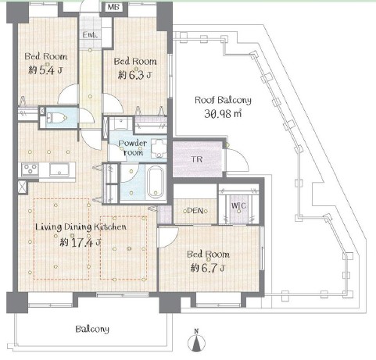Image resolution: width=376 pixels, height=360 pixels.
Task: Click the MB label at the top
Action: click(x=113, y=7)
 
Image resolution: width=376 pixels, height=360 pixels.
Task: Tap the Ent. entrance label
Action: click(x=90, y=34)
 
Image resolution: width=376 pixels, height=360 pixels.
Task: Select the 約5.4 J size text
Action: click(x=45, y=70)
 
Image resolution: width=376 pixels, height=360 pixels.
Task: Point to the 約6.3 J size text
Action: click(x=134, y=75)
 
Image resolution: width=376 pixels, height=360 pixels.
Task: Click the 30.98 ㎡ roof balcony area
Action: click(x=223, y=113)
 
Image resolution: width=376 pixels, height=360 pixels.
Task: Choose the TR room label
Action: click(x=197, y=159)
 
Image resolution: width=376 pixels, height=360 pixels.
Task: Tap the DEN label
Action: click(x=195, y=211)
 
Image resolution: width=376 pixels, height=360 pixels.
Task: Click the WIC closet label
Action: click(x=238, y=205)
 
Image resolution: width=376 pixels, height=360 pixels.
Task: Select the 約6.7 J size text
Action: click(x=208, y=268)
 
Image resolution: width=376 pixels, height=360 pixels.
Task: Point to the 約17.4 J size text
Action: click(x=81, y=243)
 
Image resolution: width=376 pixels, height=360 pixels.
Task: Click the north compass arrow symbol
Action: click(x=196, y=341)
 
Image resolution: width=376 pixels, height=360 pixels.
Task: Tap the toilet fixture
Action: click(x=56, y=118)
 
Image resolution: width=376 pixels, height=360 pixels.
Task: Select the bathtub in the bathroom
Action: click(x=156, y=182)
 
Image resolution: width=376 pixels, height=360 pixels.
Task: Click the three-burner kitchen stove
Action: click(x=30, y=169)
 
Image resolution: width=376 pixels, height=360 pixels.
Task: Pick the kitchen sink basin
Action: click(x=59, y=169)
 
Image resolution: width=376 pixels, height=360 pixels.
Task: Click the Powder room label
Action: click(x=133, y=148)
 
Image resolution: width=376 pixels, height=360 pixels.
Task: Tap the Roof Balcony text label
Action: click(x=223, y=101)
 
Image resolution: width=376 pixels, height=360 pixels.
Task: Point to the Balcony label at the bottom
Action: click(x=92, y=330)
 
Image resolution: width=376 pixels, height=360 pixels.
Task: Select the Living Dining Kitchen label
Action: click(x=81, y=226)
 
